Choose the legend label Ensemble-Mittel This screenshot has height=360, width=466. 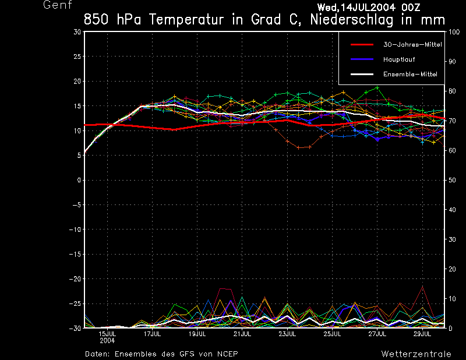pyautogui.click(x=409, y=74)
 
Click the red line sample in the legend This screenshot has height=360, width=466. pyautogui.click(x=362, y=44)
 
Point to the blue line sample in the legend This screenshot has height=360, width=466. pyautogui.click(x=362, y=59)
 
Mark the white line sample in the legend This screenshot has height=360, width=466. pyautogui.click(x=362, y=74)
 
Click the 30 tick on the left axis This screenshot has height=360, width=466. pyautogui.click(x=77, y=32)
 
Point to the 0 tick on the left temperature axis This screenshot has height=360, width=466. pyautogui.click(x=79, y=180)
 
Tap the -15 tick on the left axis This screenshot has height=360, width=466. pyautogui.click(x=75, y=254)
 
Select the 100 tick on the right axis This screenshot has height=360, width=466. pyautogui.click(x=451, y=32)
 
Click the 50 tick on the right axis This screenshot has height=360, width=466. pyautogui.click(x=450, y=180)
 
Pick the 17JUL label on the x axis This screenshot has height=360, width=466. pyautogui.click(x=152, y=334)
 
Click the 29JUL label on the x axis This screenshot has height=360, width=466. pyautogui.click(x=422, y=334)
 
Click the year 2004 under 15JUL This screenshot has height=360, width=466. pyautogui.click(x=107, y=340)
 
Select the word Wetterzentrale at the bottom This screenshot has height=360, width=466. pyautogui.click(x=416, y=354)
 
